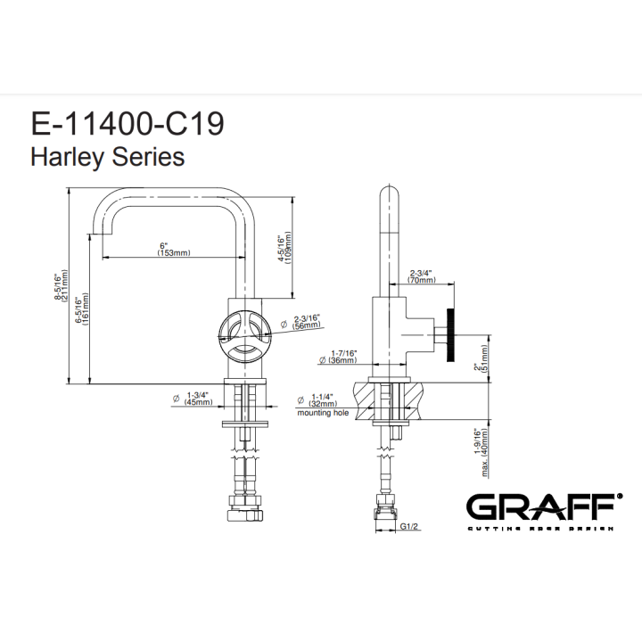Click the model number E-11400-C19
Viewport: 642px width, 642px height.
click(128, 124)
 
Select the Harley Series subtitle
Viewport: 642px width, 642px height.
click(108, 157)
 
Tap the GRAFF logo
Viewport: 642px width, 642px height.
click(545, 512)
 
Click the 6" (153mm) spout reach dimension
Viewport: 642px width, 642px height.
click(174, 249)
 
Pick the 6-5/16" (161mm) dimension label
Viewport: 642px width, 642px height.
click(82, 309)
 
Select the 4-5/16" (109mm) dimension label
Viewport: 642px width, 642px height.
click(284, 248)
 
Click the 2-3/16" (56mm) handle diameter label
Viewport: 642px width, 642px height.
click(306, 322)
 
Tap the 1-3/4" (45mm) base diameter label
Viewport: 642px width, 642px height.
click(198, 399)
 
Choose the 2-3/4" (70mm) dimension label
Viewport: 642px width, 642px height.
click(422, 276)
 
